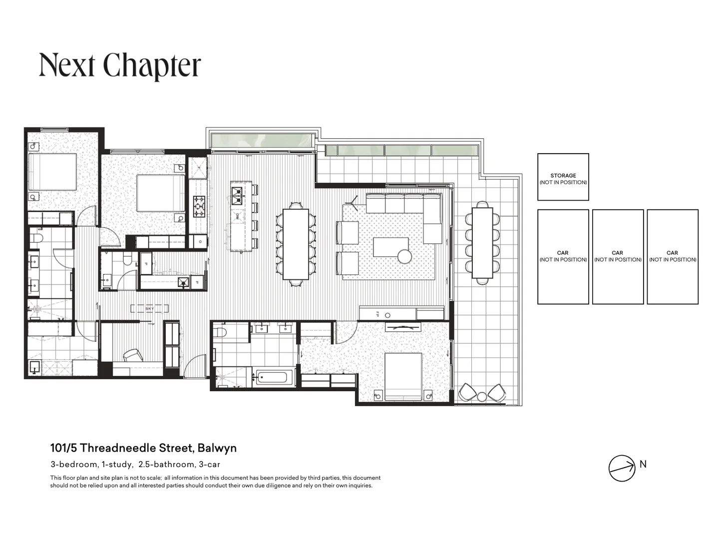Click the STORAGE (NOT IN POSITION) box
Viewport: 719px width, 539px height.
coord(563,177)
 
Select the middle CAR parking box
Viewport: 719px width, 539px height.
coord(618,257)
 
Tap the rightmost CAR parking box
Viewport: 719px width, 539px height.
coord(673,257)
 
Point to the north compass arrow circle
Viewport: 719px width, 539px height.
coord(622,469)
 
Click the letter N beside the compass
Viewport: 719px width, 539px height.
coord(643,464)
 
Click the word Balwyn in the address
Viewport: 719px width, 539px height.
coord(217,448)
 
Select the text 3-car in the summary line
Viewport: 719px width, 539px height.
coord(210,464)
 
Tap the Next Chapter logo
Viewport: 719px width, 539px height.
coord(120,65)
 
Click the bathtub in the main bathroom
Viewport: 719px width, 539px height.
coord(269,377)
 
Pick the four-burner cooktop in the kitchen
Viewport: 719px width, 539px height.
coord(199,206)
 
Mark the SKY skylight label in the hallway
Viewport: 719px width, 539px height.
coord(149,309)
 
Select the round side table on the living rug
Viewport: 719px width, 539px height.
coord(404,257)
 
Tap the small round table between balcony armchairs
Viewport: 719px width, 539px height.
coord(482,397)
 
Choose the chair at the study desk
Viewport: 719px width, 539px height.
coord(133,355)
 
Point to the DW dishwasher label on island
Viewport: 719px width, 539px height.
coord(238,217)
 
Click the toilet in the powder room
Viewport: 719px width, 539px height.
coord(127,259)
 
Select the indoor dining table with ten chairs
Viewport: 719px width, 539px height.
coord(296,244)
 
